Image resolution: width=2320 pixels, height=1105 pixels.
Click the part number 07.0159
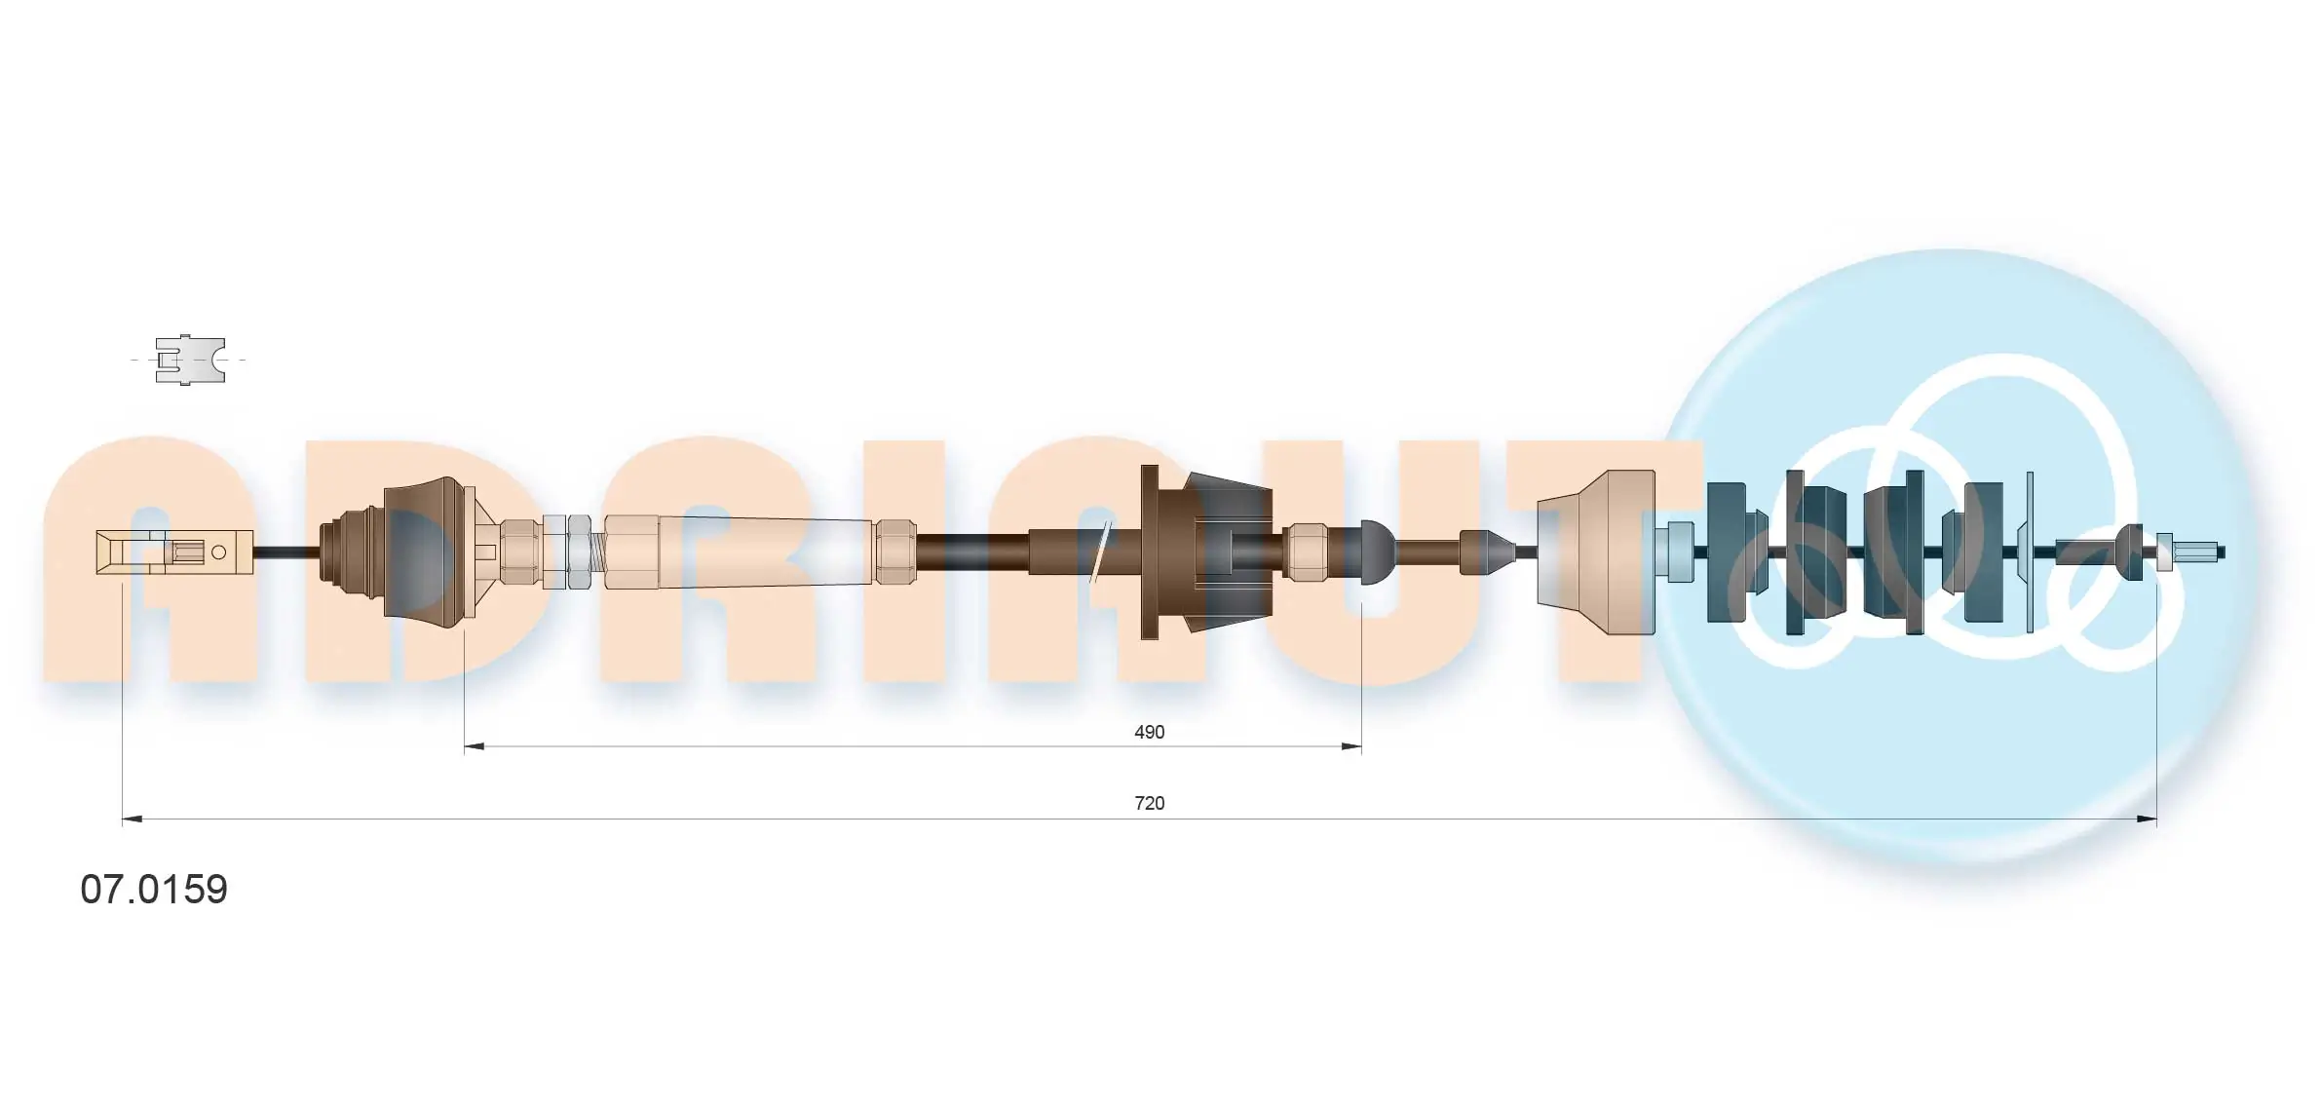(x=154, y=890)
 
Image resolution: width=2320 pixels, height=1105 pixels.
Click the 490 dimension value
(x=1149, y=732)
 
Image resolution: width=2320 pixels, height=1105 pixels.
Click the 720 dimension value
(x=1149, y=803)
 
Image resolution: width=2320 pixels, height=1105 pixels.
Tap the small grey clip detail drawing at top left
(x=190, y=360)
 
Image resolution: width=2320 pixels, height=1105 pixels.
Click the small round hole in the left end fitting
(x=219, y=552)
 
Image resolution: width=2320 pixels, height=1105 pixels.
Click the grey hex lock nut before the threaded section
(x=579, y=552)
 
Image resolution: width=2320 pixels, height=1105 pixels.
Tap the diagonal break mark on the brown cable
(x=1101, y=552)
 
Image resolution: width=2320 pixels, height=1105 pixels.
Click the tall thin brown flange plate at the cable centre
(x=1150, y=552)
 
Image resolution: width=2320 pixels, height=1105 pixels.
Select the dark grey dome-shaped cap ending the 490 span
(x=1376, y=552)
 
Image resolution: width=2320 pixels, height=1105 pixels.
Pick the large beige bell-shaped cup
(x=1598, y=552)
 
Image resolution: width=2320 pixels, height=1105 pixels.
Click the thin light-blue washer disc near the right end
(x=2030, y=552)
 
